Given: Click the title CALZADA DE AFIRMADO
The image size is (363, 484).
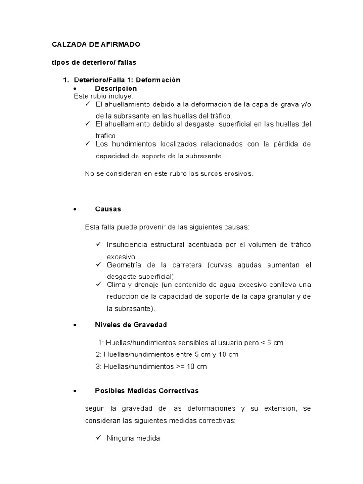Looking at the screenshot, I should point(96,44).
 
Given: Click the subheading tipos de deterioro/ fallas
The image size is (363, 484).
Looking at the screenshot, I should point(94,62).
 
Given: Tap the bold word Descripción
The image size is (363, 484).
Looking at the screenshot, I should point(116,88).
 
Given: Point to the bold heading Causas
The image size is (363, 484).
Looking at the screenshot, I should point(108,209).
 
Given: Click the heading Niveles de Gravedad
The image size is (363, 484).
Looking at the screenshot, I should point(131,325).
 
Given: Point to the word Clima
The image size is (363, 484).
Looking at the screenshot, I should point(116,285).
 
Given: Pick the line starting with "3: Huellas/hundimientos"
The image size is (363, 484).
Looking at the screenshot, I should point(151,366).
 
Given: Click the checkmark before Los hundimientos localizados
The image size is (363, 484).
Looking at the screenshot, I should point(88,143).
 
